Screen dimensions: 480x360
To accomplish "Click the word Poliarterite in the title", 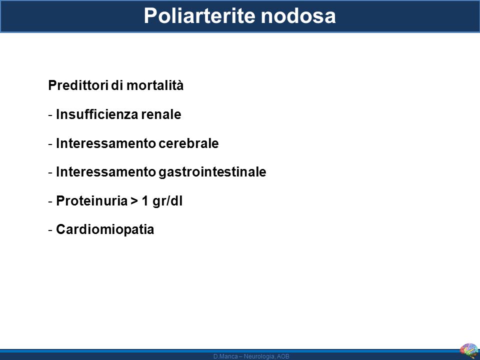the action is (x=199, y=15).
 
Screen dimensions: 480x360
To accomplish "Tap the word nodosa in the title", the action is (x=298, y=15).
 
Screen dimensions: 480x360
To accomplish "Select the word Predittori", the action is (x=78, y=85).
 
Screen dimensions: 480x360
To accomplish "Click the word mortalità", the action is (x=155, y=85).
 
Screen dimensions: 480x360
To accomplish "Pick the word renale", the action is (x=161, y=114).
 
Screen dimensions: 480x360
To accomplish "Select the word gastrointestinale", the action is (x=212, y=172).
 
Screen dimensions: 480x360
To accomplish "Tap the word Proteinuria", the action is (x=92, y=201).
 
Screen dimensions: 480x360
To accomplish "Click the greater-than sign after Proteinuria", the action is (x=134, y=201).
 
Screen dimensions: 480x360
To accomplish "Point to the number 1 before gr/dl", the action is (x=145, y=201).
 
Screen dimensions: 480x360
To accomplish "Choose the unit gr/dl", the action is (x=167, y=201).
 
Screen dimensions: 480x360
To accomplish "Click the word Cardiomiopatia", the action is (x=105, y=229).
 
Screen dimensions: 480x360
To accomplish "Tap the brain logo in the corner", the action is (x=469, y=351).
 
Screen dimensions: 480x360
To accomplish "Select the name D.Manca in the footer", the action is (x=225, y=356).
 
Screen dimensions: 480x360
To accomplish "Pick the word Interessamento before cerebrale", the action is (x=106, y=143).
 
